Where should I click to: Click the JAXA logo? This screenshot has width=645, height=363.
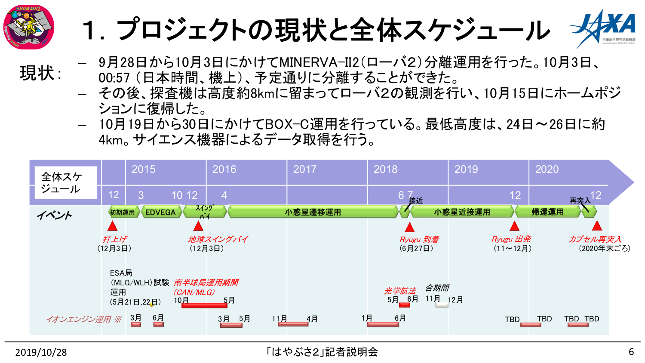[x=604, y=28]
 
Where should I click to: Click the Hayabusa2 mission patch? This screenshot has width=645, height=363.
[x=28, y=27]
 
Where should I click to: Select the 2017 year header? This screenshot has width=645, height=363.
[x=304, y=169]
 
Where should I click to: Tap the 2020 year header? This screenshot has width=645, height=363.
[x=547, y=169]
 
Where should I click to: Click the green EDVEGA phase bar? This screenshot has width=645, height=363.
[x=160, y=212]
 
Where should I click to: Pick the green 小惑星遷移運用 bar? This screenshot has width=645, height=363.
[x=313, y=212]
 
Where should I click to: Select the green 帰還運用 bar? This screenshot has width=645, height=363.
[x=547, y=212]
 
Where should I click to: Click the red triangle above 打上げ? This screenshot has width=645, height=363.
[x=113, y=226]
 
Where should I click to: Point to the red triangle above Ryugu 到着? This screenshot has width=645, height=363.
[x=409, y=228]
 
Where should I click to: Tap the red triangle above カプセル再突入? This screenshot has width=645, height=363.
[x=596, y=226]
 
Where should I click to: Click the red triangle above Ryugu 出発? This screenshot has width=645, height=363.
[x=514, y=226]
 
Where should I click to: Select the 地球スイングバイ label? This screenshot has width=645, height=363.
[x=218, y=239]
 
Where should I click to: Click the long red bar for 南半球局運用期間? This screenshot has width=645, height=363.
[x=204, y=306]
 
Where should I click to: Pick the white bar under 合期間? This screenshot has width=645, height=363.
[x=442, y=305]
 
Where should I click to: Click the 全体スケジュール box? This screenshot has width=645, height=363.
[x=65, y=183]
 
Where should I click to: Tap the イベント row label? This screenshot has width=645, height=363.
[x=54, y=215]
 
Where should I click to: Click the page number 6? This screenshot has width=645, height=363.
[x=631, y=352]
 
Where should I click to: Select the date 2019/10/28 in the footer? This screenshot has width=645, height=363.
[x=41, y=352]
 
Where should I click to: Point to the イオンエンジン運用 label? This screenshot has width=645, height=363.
[x=83, y=319]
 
